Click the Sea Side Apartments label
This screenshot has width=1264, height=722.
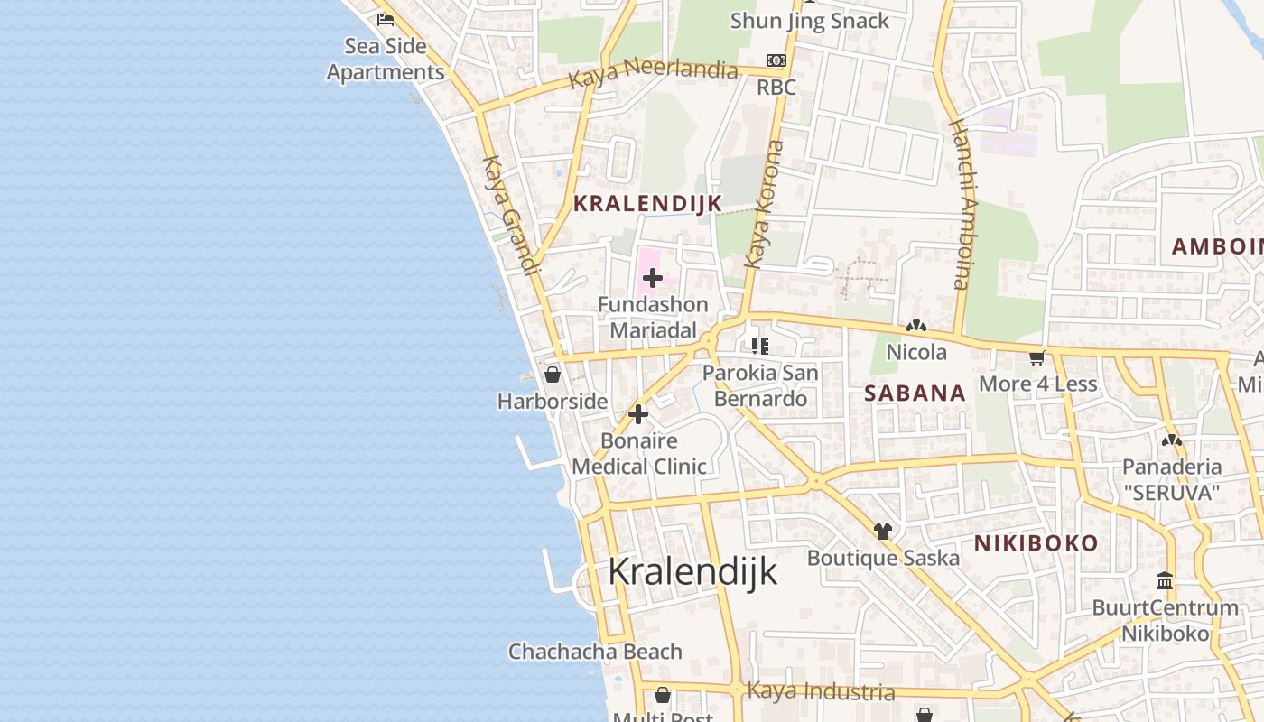click(x=386, y=59)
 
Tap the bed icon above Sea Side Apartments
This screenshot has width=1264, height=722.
click(x=386, y=19)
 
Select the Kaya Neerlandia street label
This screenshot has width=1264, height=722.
click(x=653, y=70)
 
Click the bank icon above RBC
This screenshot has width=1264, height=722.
click(x=776, y=60)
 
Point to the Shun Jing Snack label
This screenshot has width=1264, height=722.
click(x=809, y=21)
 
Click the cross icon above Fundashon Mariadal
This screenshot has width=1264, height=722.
click(x=652, y=278)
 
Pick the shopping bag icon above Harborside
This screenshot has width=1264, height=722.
click(x=553, y=375)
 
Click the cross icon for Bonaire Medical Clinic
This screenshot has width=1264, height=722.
click(x=638, y=415)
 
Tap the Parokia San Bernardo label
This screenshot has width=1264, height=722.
click(x=760, y=385)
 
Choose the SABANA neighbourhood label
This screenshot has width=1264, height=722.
click(x=915, y=393)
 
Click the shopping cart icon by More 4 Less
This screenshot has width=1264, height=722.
click(x=1036, y=358)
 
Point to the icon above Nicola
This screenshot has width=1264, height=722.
click(x=916, y=326)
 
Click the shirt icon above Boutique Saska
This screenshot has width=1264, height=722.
click(x=882, y=532)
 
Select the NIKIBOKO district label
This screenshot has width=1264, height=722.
click(x=1036, y=543)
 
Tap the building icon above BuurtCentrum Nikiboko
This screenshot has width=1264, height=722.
click(x=1165, y=581)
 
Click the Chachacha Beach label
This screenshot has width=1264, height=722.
click(x=595, y=652)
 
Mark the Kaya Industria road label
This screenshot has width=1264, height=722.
click(x=821, y=692)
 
